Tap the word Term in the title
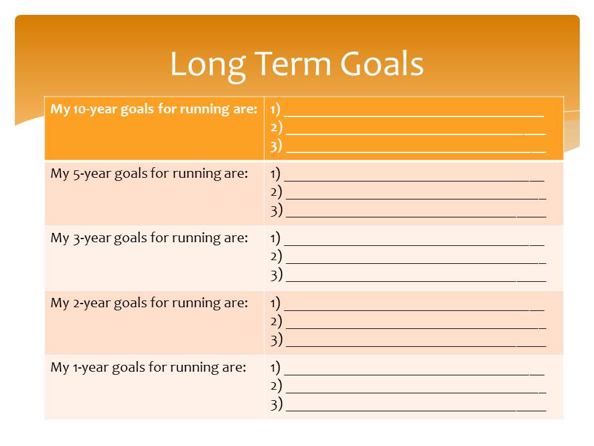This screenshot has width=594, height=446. (x=293, y=64)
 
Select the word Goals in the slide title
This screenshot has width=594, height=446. (x=382, y=64)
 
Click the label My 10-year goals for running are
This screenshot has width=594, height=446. (x=154, y=109)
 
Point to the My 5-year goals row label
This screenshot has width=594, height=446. (x=149, y=173)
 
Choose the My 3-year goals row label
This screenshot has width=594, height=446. (x=149, y=238)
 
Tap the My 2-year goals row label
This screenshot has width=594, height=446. (x=149, y=303)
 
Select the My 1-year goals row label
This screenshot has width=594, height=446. (x=148, y=367)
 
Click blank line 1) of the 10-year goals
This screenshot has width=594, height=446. (x=414, y=116)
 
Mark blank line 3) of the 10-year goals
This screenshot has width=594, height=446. (x=416, y=152)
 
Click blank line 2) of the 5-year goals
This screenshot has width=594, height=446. (x=416, y=198)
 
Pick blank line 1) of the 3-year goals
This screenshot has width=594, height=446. (x=414, y=245)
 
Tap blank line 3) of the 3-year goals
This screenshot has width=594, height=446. (x=416, y=281)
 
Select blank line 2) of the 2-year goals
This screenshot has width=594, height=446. (x=416, y=328)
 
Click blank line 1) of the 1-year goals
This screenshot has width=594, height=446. (x=414, y=375)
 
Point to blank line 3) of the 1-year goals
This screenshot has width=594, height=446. (x=416, y=411)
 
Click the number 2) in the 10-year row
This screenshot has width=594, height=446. (x=276, y=128)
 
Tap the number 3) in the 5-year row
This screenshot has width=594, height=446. (x=276, y=211)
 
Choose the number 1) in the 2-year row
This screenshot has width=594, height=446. (x=275, y=303)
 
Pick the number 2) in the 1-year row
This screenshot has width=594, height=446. (x=276, y=386)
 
